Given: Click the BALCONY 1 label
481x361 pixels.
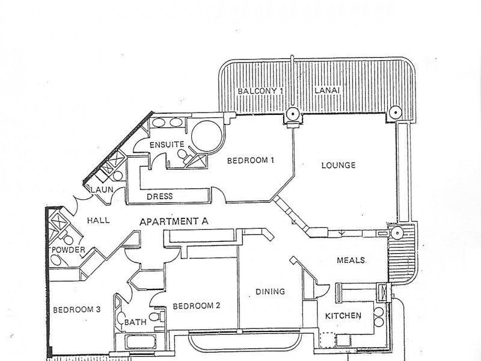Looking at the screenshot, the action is [260, 91].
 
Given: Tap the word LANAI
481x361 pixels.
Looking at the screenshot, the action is [327, 91].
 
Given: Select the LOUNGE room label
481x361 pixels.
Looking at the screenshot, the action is [339, 165].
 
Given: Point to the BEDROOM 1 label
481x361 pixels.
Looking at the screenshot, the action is [250, 160].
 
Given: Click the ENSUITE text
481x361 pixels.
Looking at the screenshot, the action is [167, 144].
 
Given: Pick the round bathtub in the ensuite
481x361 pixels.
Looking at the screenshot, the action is [207, 136].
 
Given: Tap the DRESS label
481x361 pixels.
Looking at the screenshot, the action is [159, 196].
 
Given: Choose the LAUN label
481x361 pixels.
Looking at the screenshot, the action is [102, 190].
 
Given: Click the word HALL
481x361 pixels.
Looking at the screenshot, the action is [98, 220].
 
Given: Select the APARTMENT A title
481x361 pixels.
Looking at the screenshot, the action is [174, 221].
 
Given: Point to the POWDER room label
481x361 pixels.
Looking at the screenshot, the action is [68, 250].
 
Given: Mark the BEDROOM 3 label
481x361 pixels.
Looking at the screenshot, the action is [77, 310].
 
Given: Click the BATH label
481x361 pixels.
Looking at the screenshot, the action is [135, 322].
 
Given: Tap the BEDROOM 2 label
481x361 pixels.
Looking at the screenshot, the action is [197, 306].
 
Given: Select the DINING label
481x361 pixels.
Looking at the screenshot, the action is [270, 291].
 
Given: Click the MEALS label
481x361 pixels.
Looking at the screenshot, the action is [351, 261].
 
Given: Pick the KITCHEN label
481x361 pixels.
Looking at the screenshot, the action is [343, 315].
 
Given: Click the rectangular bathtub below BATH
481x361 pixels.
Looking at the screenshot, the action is [141, 341].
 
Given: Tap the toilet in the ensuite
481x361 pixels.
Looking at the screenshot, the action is [183, 155].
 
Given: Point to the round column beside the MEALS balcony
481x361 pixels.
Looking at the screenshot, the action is [397, 233].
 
